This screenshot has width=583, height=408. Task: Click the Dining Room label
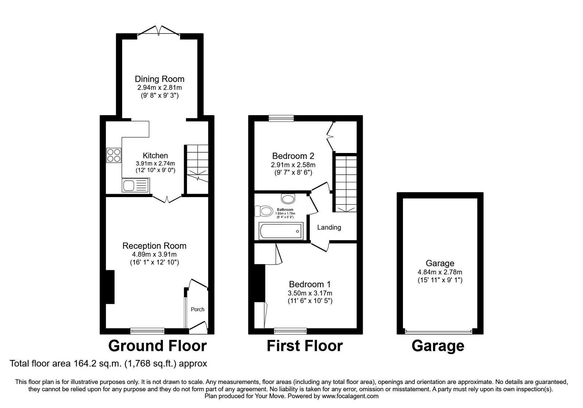160,79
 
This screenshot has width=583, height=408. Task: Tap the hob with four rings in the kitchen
113,156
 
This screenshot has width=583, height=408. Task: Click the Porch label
197,309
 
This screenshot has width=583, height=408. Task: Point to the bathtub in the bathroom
281,231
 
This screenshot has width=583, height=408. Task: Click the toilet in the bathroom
264,211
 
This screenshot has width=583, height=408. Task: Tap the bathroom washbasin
288,199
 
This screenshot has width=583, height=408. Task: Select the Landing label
329,227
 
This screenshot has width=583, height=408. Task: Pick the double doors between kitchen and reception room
167,199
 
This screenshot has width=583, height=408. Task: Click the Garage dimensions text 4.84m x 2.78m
440,272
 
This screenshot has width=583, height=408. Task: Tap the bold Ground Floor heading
157,346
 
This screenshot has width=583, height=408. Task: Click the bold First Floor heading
305,346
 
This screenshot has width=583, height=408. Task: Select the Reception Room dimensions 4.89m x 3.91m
154,254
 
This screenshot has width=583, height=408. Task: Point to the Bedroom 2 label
293,156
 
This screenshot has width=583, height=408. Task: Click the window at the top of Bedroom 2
281,118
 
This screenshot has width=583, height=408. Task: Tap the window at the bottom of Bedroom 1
290,331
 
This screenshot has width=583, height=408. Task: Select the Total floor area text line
108,363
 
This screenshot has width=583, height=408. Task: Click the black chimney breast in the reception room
110,287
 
